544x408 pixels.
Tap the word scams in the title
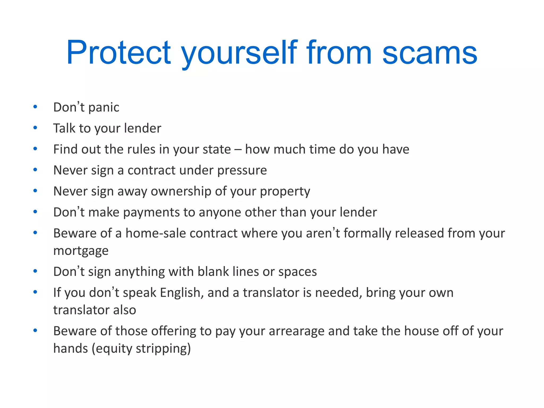click(430, 53)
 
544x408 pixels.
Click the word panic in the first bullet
click(104, 108)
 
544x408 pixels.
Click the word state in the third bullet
click(217, 149)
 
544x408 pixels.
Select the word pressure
click(242, 171)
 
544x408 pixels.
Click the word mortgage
click(81, 251)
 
